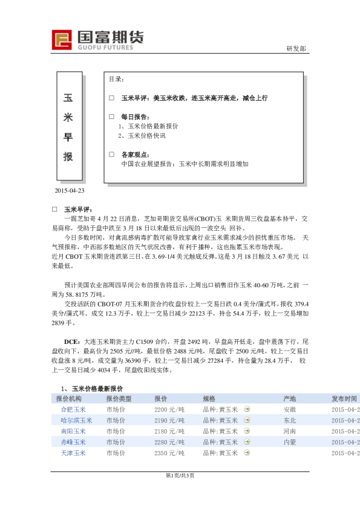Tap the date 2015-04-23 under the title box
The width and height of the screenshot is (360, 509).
70,191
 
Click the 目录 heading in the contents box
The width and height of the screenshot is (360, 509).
116,79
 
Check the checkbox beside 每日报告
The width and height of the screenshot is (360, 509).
111,116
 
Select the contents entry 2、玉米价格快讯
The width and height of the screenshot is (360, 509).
142,135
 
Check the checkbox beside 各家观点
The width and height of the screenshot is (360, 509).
111,154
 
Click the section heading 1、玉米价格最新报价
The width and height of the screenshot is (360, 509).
100,388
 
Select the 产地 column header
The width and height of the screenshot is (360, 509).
290,399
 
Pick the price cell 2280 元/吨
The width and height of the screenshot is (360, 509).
169,442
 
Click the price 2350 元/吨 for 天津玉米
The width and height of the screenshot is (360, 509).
169,453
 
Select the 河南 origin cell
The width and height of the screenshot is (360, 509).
290,431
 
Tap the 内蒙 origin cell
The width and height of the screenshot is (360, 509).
290,442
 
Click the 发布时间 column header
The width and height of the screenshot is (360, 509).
344,399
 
